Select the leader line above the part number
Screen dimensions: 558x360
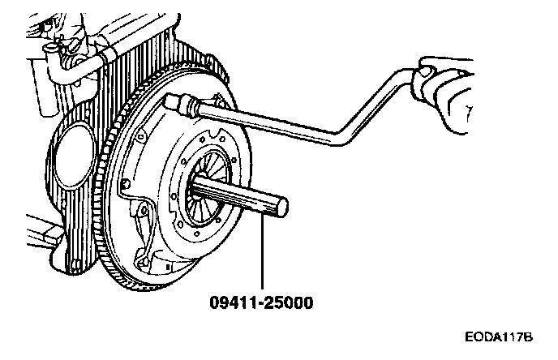pyautogui.click(x=262, y=251)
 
